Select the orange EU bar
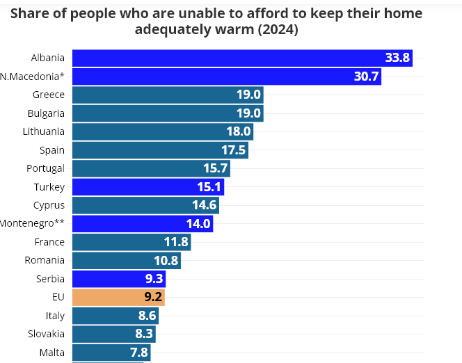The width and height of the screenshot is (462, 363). coord(118,297)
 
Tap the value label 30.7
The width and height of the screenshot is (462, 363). coord(366,76)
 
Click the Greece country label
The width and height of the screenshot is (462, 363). coord(49,95)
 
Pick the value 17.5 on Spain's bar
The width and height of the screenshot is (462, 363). coord(232,150)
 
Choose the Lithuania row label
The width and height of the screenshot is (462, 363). coord(44,131)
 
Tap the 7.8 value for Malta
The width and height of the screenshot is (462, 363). coord(138,352)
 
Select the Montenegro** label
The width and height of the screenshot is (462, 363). coord(32,223)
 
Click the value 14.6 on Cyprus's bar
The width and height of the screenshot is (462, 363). coord(205,205)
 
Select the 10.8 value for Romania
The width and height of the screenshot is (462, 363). coord(166,261)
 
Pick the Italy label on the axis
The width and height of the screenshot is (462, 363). coord(55,316)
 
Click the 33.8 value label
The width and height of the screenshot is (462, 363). coord(397,58)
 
